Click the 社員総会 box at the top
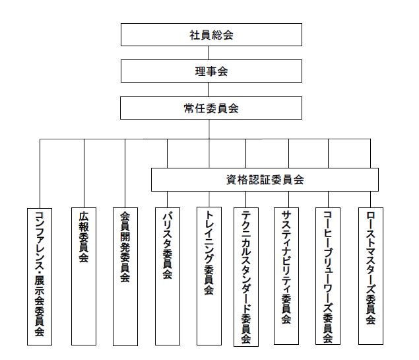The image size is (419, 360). (211, 34)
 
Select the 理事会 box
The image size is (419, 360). (211, 71)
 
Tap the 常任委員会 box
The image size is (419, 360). (211, 108)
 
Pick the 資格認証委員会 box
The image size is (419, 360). (265, 180)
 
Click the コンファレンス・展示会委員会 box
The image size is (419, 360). (40, 277)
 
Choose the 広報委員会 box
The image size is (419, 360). (84, 276)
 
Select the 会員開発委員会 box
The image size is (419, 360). (125, 277)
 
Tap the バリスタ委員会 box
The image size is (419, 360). (168, 276)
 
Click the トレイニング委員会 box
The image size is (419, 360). (209, 276)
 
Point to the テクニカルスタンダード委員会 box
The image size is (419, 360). (246, 277)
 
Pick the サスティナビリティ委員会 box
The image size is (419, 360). (286, 276)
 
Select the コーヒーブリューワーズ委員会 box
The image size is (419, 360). (328, 276)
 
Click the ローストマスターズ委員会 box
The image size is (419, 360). (371, 276)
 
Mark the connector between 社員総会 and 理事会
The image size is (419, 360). (209, 53)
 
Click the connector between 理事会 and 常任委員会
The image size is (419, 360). (208, 89)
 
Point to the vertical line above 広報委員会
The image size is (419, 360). (84, 173)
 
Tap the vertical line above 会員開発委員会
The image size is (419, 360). (125, 173)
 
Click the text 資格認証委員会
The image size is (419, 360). (265, 180)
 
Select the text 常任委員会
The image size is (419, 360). (211, 108)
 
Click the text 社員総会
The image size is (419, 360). (211, 35)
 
